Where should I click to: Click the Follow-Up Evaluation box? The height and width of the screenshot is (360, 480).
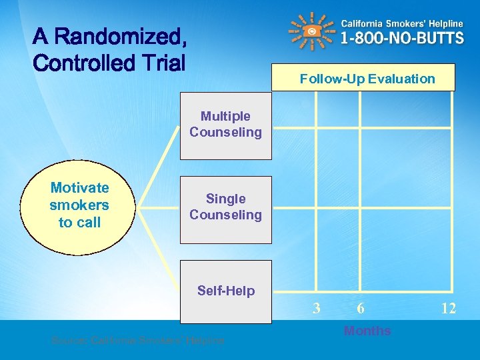pyautogui.click(x=367, y=78)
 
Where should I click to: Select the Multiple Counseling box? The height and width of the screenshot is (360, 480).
pyautogui.click(x=226, y=125)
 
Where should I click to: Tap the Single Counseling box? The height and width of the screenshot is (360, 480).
pyautogui.click(x=226, y=208)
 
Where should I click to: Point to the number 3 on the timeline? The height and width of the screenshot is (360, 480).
pyautogui.click(x=317, y=308)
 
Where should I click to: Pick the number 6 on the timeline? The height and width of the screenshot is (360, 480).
pyautogui.click(x=360, y=308)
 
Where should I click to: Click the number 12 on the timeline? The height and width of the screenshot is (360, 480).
pyautogui.click(x=448, y=309)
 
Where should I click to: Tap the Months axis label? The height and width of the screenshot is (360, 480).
pyautogui.click(x=367, y=331)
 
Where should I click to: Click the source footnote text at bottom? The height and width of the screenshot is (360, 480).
pyautogui.click(x=137, y=341)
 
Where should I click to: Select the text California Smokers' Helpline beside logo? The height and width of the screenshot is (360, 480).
pyautogui.click(x=402, y=22)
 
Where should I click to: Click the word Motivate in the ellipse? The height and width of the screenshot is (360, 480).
pyautogui.click(x=79, y=188)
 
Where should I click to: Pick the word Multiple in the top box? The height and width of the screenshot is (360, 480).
pyautogui.click(x=225, y=116)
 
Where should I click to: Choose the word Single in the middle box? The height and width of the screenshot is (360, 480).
pyautogui.click(x=225, y=199)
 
